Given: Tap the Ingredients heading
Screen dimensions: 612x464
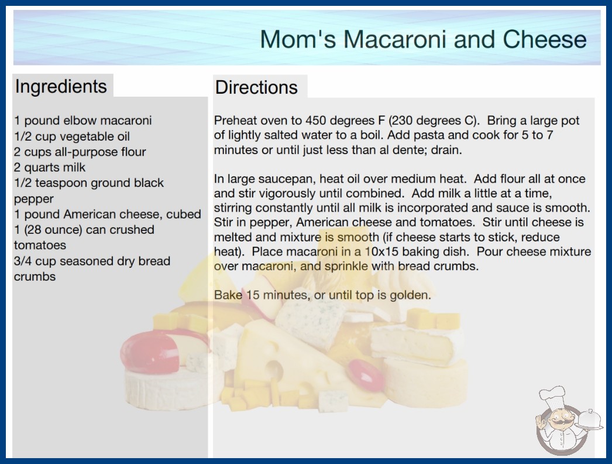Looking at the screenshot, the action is pyautogui.click(x=61, y=87).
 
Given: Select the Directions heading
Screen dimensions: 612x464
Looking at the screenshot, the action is pyautogui.click(x=256, y=87).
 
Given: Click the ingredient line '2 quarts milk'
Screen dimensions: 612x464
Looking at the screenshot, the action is pyautogui.click(x=50, y=168).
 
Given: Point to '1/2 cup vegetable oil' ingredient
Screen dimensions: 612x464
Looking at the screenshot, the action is pyautogui.click(x=72, y=137).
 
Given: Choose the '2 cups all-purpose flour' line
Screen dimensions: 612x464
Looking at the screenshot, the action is pyautogui.click(x=80, y=152).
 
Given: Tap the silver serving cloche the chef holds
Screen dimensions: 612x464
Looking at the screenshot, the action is pyautogui.click(x=589, y=420).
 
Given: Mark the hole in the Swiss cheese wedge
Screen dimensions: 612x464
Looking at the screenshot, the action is pyautogui.click(x=274, y=370).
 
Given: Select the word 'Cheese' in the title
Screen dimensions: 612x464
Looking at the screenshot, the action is pyautogui.click(x=545, y=39).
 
